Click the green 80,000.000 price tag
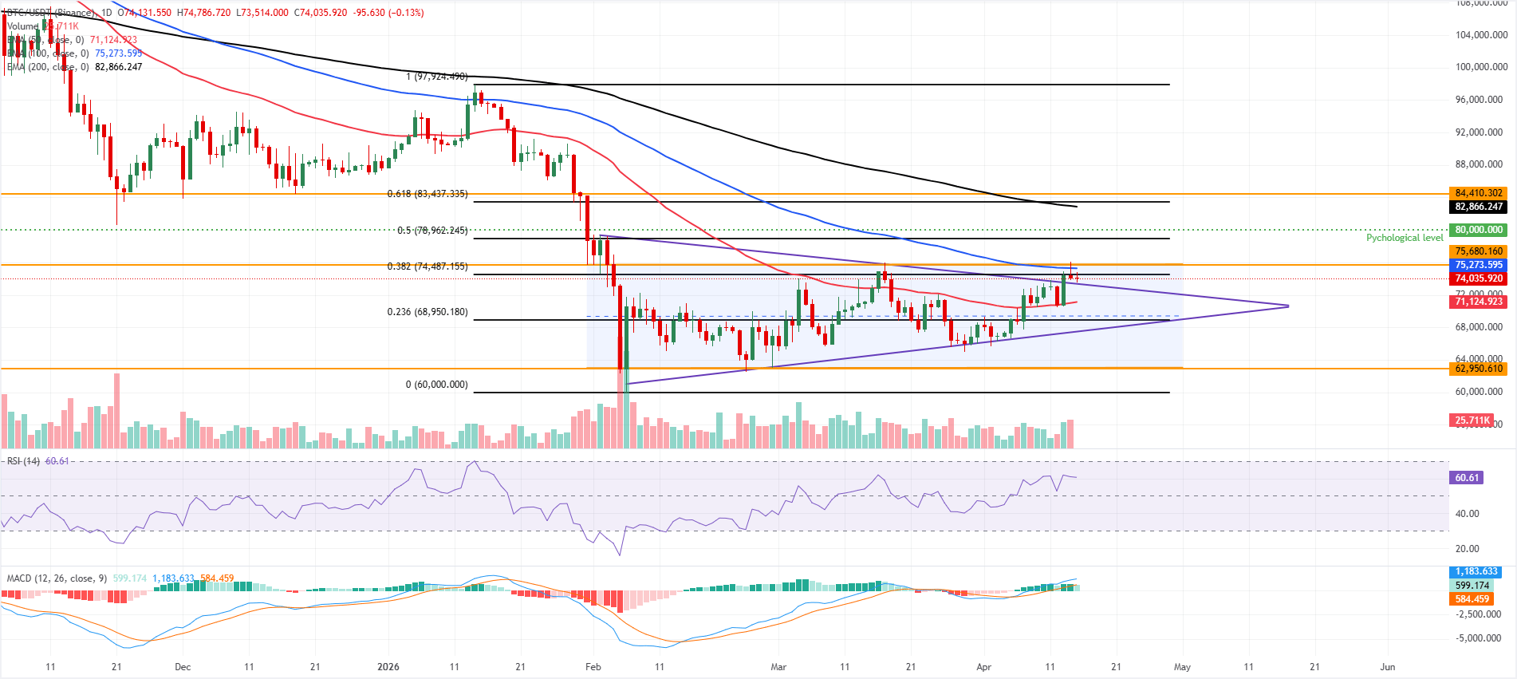1478,230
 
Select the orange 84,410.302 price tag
1478,193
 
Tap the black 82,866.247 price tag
1478,207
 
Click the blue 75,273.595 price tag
1478,265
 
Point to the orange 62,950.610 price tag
1478,369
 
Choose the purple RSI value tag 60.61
1467,478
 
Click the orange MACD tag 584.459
1471,599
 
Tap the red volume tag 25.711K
1472,420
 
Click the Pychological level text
1404,238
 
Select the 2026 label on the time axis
388,667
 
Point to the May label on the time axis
1182,667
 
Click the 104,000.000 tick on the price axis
1481,35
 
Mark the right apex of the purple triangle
1288,306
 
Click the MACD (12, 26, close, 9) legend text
57,578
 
